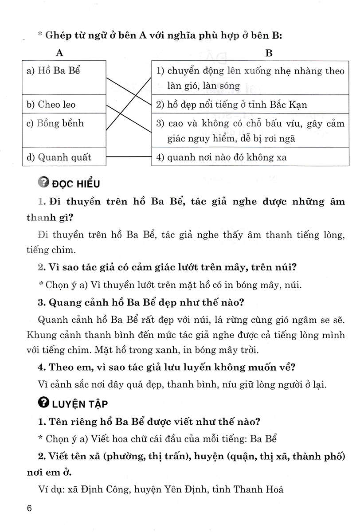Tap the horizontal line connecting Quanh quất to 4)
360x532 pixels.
tap(129, 157)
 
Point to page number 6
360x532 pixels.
tap(30, 509)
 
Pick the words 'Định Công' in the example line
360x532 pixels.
tap(91, 477)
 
